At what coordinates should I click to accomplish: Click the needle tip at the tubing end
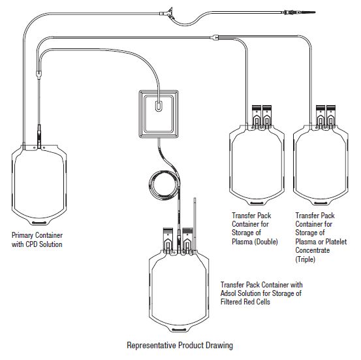315,12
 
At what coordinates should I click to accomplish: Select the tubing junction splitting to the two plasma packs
215,37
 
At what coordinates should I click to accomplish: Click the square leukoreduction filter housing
159,114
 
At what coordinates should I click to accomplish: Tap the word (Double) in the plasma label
266,242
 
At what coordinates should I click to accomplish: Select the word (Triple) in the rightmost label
305,259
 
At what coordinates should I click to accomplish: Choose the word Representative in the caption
151,345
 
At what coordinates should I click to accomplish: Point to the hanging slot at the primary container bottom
39,223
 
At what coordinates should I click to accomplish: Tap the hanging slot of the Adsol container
179,329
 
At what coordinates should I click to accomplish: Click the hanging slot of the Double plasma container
257,203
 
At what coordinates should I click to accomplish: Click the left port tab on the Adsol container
168,240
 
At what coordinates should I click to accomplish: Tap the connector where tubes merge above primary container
39,74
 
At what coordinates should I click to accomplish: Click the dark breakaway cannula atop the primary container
39,136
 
